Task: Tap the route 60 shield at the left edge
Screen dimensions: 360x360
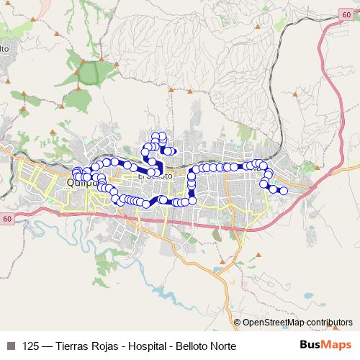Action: coord(6,218)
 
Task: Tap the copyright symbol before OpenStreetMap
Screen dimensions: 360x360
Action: coord(237,323)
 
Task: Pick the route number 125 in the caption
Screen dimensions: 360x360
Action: coord(31,346)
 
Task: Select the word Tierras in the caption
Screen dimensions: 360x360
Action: coord(74,346)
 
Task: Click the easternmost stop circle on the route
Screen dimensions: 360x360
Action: coord(284,191)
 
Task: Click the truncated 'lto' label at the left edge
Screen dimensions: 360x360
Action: coord(4,48)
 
